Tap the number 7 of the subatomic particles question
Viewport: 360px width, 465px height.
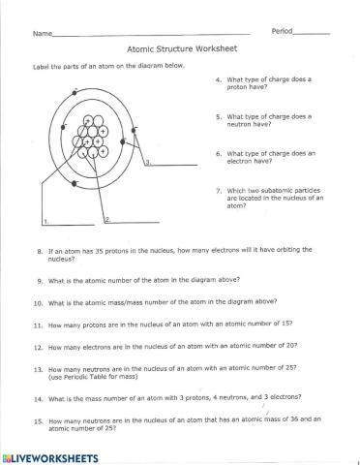[x=220, y=191]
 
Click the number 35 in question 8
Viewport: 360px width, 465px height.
[x=93, y=250]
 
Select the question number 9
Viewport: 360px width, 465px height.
[x=40, y=280]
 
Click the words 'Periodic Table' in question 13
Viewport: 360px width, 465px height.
[x=98, y=376]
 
